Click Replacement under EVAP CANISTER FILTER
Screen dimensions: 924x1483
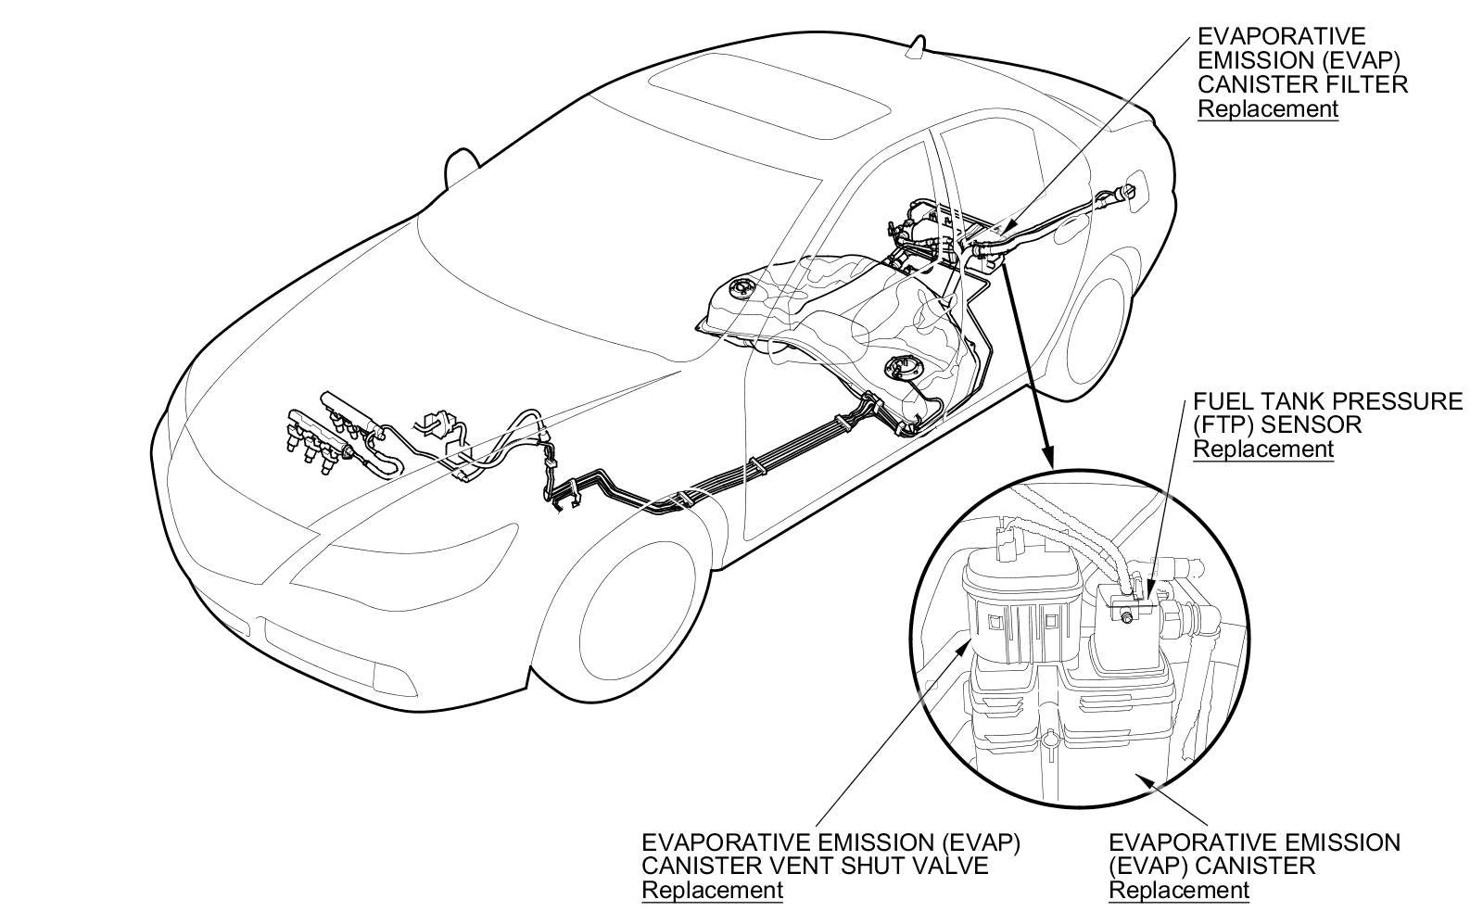pos(1268,108)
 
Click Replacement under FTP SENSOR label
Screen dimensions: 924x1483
pos(1262,449)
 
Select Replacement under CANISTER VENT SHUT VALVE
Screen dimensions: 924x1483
pos(712,890)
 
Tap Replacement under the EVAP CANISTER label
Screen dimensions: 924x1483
pos(1179,890)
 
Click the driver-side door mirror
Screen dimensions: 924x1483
pos(461,167)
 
